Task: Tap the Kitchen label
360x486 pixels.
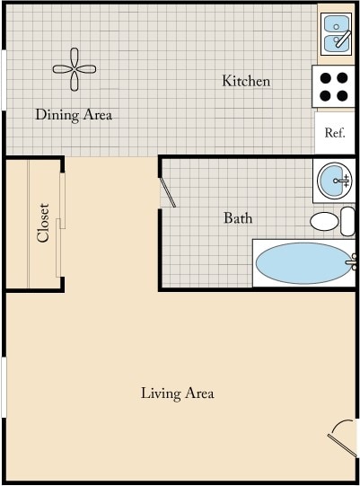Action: [246, 82]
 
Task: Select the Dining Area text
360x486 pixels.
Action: [74, 115]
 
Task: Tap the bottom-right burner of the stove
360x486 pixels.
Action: [344, 95]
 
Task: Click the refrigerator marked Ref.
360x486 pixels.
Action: [335, 133]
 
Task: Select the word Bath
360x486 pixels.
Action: [238, 218]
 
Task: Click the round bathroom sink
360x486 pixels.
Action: [334, 181]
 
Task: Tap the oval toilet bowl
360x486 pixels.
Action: [324, 221]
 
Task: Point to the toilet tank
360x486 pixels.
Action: [348, 221]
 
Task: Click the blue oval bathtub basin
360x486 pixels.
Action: [302, 263]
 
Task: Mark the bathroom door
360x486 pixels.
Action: [168, 191]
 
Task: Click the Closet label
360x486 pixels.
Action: [42, 223]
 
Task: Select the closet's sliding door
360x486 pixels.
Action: [61, 225]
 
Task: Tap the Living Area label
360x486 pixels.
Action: [177, 393]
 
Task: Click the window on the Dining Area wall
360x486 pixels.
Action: [4, 81]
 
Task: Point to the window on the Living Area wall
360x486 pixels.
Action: [4, 386]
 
